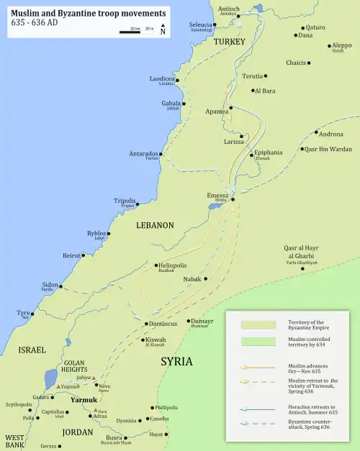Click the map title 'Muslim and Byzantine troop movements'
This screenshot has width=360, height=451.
tap(88, 13)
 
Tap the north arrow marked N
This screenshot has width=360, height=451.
tap(163, 29)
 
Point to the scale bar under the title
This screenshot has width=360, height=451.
tap(137, 32)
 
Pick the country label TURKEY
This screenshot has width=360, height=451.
tap(230, 42)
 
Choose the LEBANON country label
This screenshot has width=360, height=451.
tap(155, 225)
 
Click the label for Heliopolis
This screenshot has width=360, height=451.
tap(174, 265)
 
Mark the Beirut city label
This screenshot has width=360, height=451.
tap(71, 255)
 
